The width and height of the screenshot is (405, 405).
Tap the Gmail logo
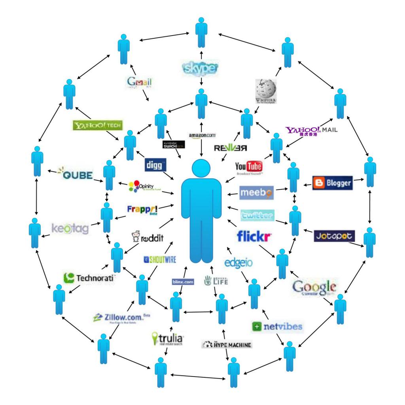coord(139,83)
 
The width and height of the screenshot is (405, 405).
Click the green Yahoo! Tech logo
coord(98,125)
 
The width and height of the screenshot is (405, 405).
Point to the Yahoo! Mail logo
coord(311,131)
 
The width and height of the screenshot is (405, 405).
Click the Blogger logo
coord(332,183)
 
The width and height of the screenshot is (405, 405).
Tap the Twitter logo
coord(257,216)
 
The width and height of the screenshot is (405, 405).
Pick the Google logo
coord(314,287)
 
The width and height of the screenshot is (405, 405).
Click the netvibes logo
coord(277,327)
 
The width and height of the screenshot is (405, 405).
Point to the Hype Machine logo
coord(227,345)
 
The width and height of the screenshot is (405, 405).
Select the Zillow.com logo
coord(121,318)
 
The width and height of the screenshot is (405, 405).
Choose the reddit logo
coord(147,238)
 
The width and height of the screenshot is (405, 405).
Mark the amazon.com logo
coord(202,136)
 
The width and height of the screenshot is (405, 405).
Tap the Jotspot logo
coord(335,236)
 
